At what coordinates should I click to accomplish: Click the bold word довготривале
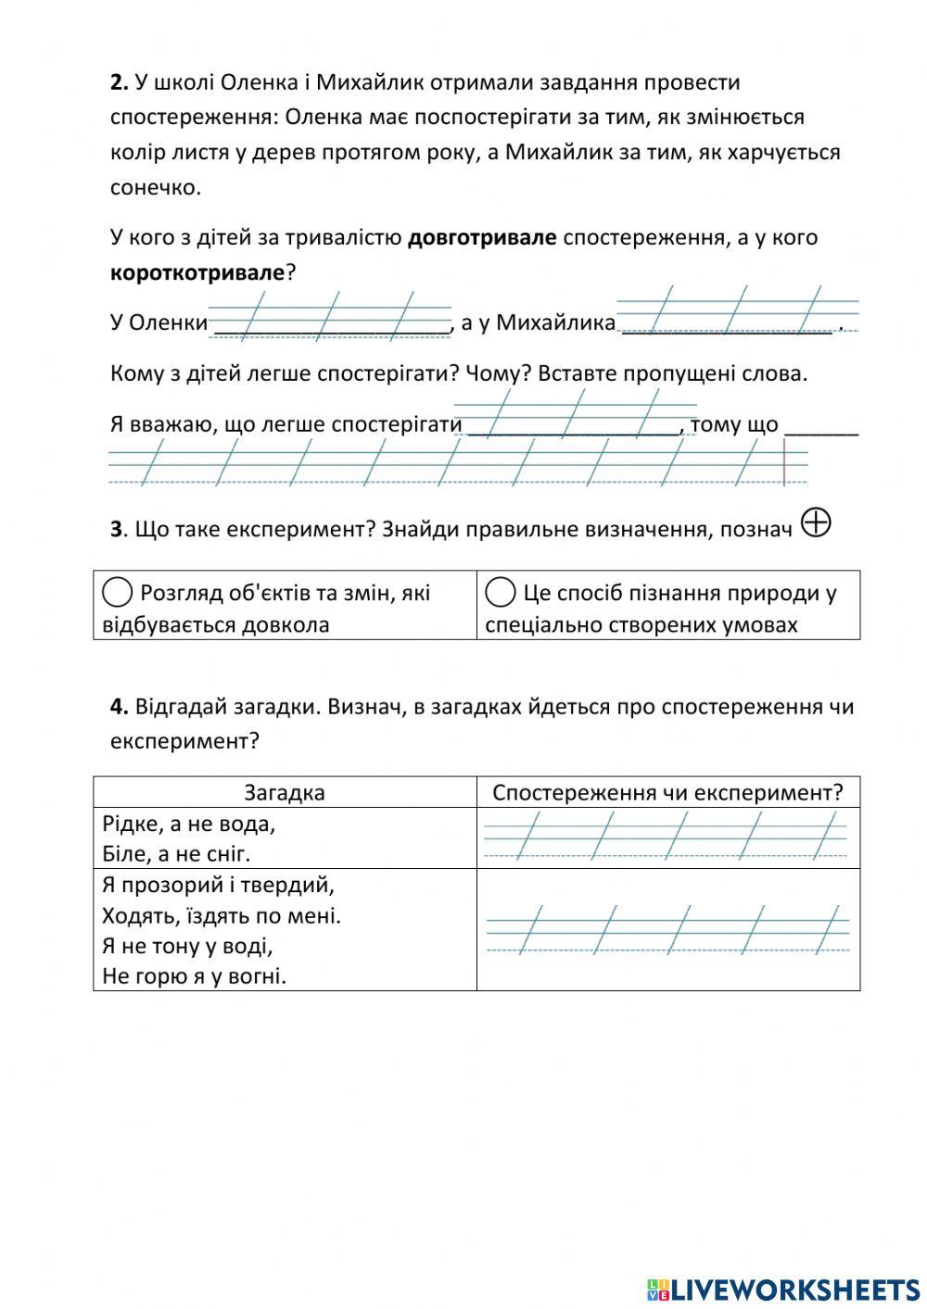482,238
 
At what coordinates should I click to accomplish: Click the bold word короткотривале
197,273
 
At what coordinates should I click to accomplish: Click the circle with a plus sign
815,523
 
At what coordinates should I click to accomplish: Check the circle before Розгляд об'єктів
117,592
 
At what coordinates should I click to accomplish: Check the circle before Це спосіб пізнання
500,592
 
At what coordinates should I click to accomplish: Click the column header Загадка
285,793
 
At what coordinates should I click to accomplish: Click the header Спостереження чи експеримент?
667,793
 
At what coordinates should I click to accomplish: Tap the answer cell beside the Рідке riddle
667,837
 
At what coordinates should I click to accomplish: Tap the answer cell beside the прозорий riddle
667,929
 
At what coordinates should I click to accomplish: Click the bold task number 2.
119,82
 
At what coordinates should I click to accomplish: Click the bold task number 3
117,530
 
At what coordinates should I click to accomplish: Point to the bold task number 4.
119,707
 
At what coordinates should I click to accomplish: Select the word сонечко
153,187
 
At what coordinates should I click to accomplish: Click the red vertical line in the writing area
784,462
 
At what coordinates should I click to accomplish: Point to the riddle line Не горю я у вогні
194,975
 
